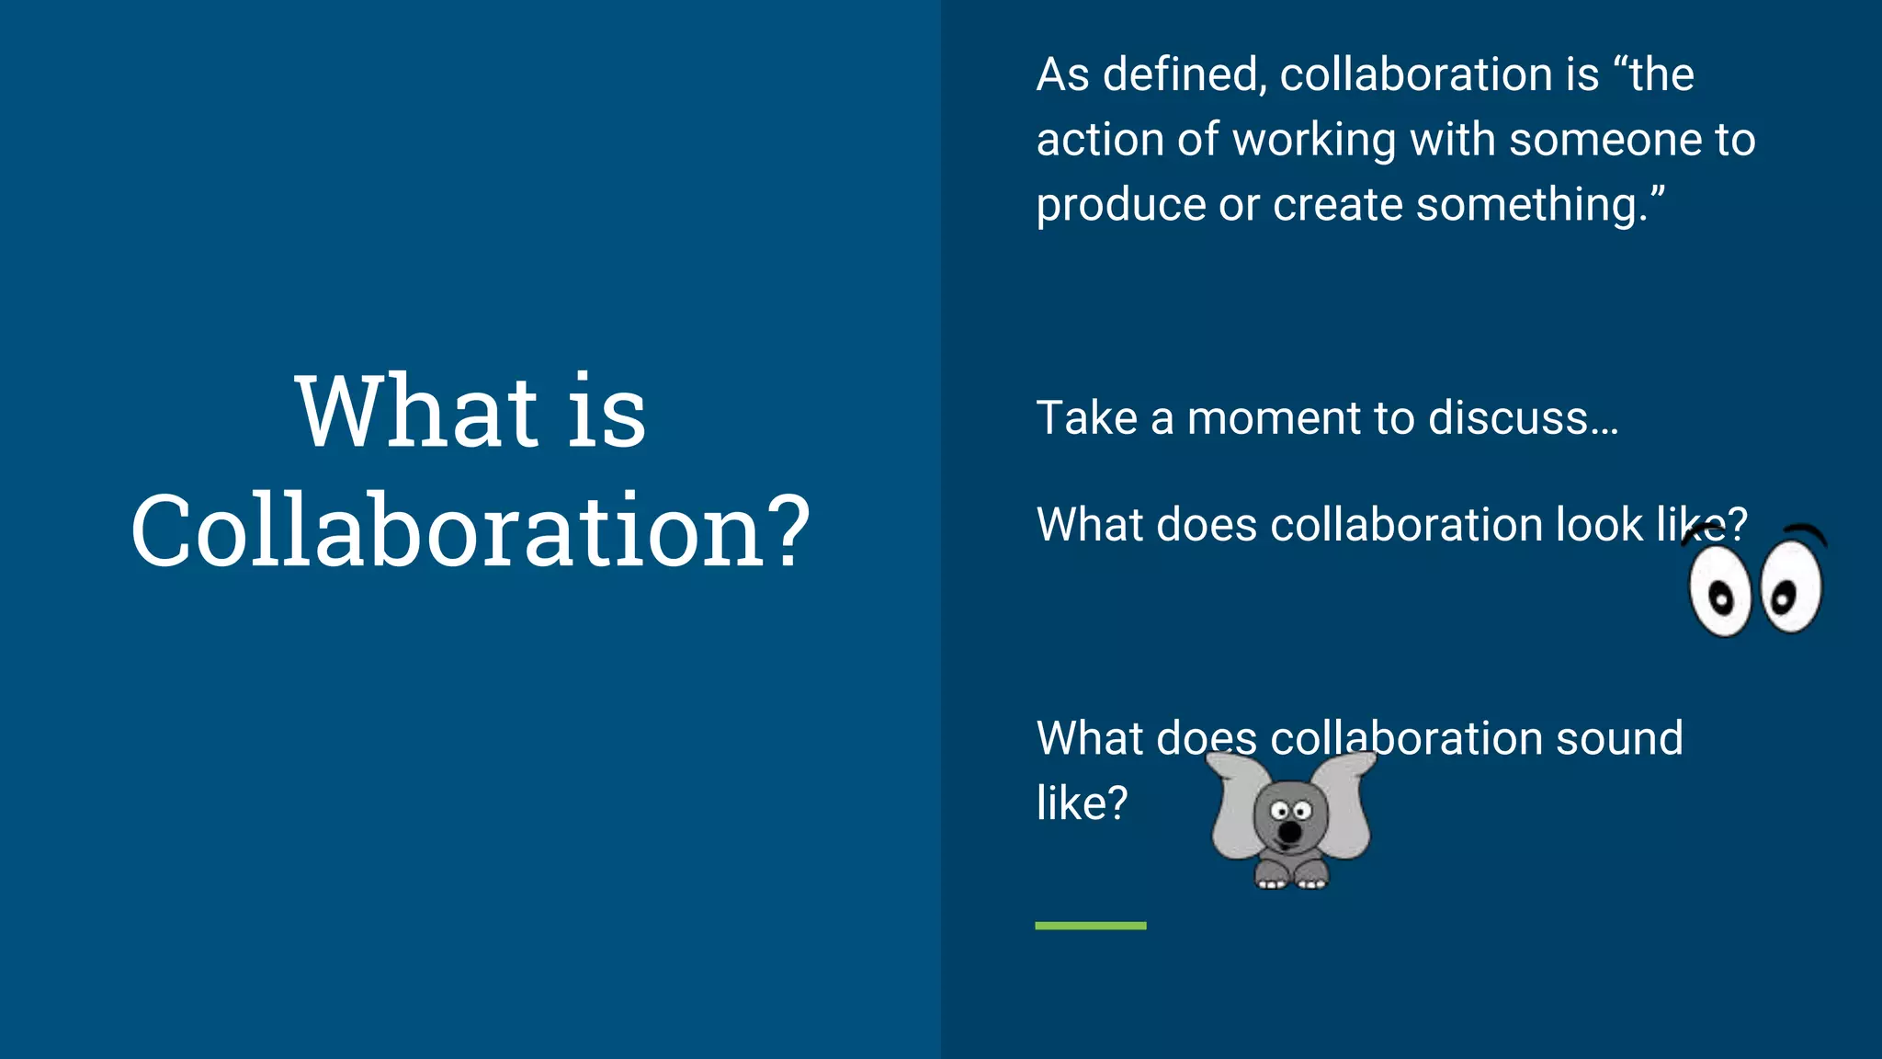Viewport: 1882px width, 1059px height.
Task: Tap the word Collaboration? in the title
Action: pos(470,530)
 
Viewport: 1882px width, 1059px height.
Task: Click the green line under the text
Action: pos(1090,926)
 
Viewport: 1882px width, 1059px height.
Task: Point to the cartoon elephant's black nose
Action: pos(1290,832)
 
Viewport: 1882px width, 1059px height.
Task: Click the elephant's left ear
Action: pos(1237,809)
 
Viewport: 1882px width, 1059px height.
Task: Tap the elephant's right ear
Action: pos(1343,804)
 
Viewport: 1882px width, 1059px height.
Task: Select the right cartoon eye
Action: pos(1791,586)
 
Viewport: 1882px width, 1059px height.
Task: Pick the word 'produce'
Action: pos(1120,205)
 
